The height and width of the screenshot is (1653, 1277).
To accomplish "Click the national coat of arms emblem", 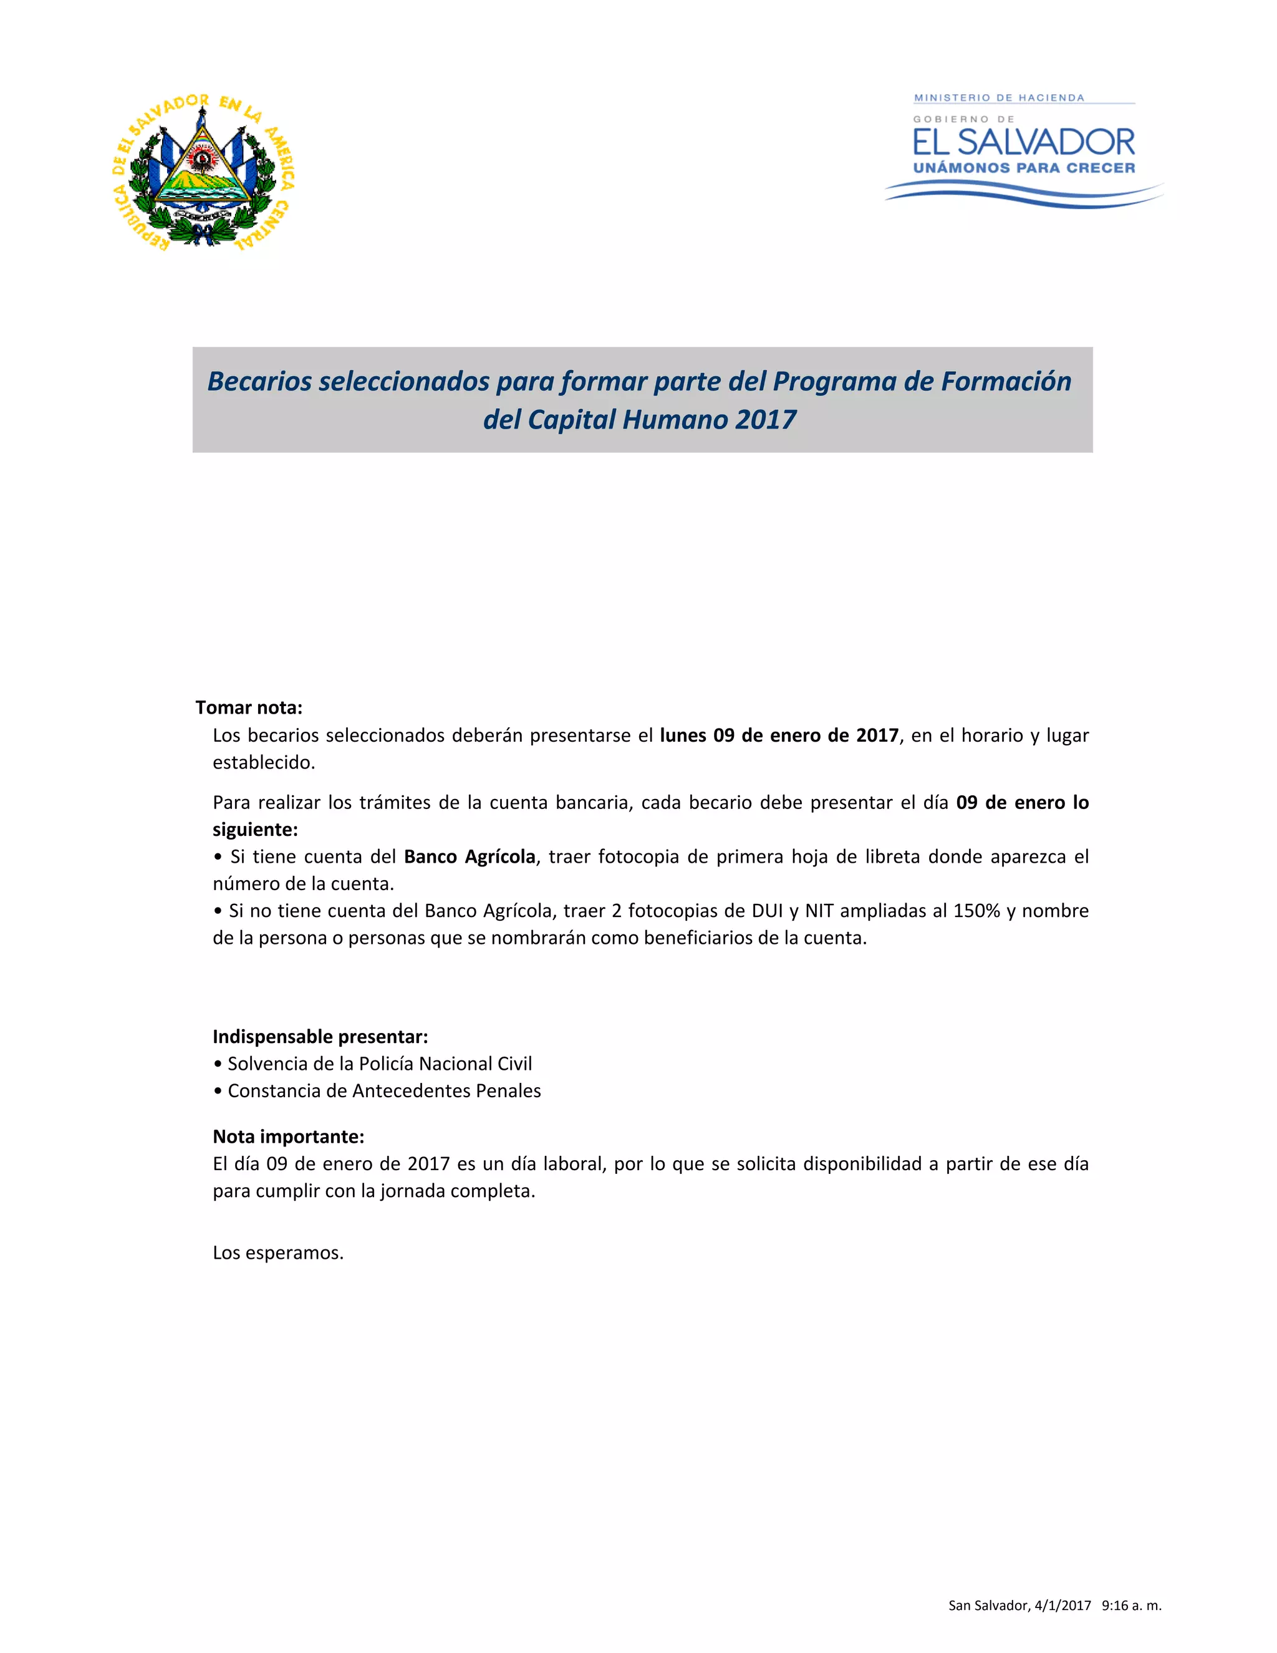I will pyautogui.click(x=203, y=173).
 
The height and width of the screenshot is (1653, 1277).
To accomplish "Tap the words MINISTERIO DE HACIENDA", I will pyautogui.click(x=999, y=98).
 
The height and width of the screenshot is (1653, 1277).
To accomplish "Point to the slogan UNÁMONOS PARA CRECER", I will pyautogui.click(x=1024, y=168).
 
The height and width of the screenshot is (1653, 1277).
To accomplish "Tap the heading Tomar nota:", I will pyautogui.click(x=249, y=708).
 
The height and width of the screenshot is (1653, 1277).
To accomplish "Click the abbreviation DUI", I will pyautogui.click(x=767, y=911).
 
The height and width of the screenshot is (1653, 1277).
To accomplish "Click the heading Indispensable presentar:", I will pyautogui.click(x=320, y=1036).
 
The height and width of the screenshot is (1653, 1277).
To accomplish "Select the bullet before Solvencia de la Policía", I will pyautogui.click(x=218, y=1064).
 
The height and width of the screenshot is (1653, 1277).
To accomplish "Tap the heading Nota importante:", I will pyautogui.click(x=288, y=1136).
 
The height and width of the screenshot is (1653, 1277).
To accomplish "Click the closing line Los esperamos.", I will pyautogui.click(x=277, y=1253).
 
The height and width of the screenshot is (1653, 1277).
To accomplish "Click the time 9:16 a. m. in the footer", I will pyautogui.click(x=1132, y=1606).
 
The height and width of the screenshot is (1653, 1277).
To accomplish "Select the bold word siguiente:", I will pyautogui.click(x=255, y=830).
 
